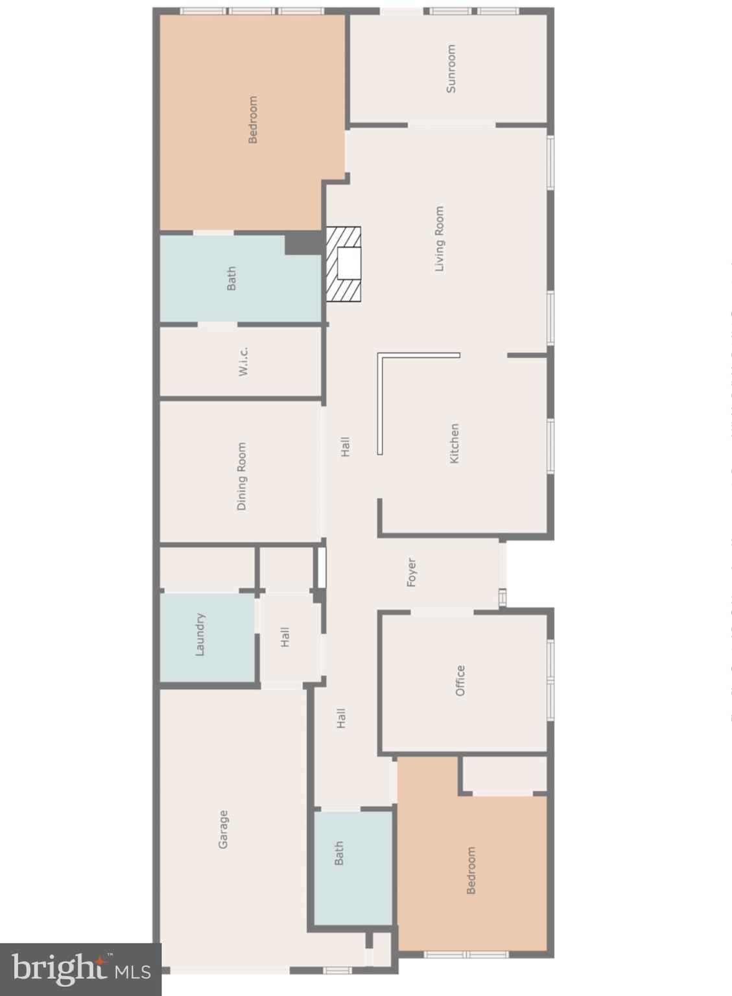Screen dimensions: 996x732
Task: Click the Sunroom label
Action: tap(451, 68)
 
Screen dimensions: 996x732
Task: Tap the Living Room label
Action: tap(440, 239)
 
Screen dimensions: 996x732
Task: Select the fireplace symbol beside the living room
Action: tap(343, 264)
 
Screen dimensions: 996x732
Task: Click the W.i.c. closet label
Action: tap(243, 361)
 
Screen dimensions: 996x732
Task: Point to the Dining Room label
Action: tap(242, 476)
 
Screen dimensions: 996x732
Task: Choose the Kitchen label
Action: tap(455, 444)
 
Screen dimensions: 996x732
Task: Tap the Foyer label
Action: tap(411, 572)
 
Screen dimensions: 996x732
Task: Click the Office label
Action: tap(460, 680)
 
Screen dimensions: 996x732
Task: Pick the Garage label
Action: tap(223, 829)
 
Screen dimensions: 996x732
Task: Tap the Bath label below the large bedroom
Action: tap(231, 278)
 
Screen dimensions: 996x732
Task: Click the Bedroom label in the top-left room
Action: tap(253, 119)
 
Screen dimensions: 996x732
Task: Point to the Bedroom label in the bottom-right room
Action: tap(471, 870)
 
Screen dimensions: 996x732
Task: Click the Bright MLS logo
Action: tap(80, 969)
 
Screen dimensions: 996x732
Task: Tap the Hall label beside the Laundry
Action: tap(285, 637)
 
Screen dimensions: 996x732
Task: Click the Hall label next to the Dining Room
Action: tap(346, 446)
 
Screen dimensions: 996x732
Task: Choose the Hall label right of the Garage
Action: tap(342, 718)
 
